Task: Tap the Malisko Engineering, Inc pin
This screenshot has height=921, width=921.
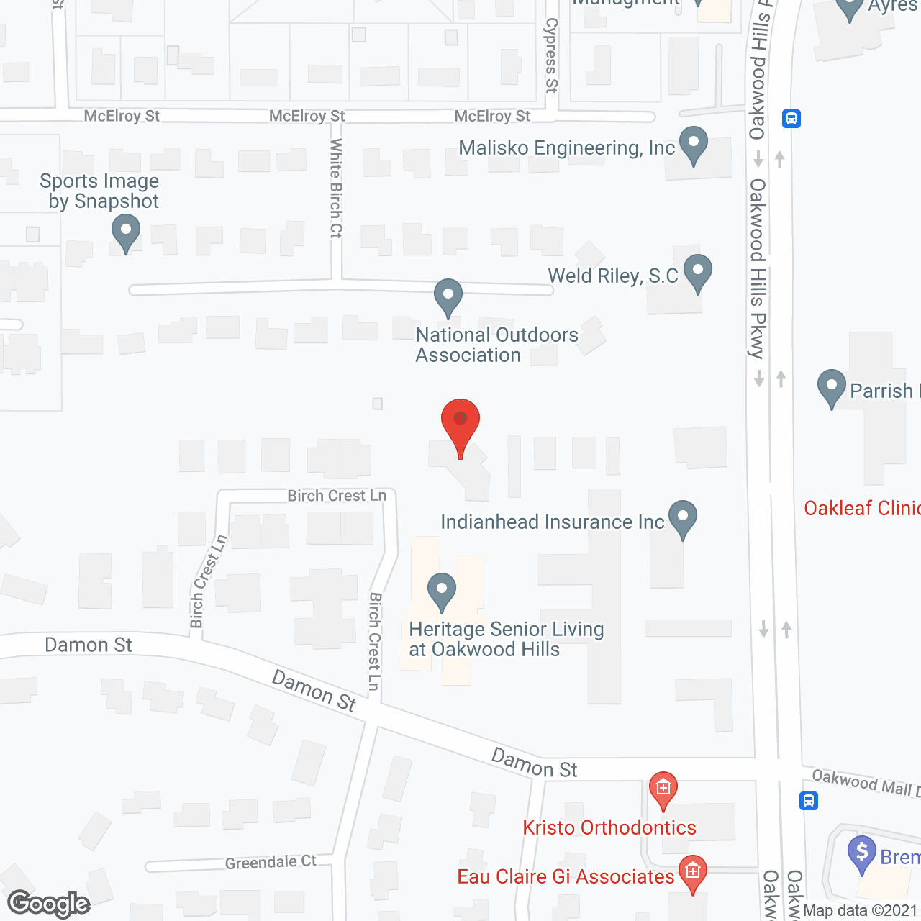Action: coord(694,145)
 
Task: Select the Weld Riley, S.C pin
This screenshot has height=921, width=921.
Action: coord(697,273)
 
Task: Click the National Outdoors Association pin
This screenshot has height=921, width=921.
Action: coord(448,296)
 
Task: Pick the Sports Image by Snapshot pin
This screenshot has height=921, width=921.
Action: coord(126,233)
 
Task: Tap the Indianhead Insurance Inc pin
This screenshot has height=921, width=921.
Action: coord(683,518)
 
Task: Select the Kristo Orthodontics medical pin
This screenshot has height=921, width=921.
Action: coord(663,789)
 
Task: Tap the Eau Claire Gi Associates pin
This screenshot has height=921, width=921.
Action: coord(692,873)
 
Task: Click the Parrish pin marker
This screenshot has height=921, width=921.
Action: coord(832,387)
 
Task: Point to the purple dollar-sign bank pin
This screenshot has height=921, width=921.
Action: coord(862,853)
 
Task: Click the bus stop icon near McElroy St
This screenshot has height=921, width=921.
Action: coord(791,119)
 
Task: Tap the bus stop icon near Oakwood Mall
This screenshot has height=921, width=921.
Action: coord(809,800)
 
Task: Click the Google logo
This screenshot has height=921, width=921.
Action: coord(49,904)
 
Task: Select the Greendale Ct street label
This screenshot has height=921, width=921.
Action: coord(271,862)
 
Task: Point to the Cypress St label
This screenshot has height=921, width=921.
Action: coord(551,55)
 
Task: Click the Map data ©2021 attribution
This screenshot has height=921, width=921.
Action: coord(861,911)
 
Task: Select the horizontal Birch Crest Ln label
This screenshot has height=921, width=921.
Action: coord(337,496)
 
